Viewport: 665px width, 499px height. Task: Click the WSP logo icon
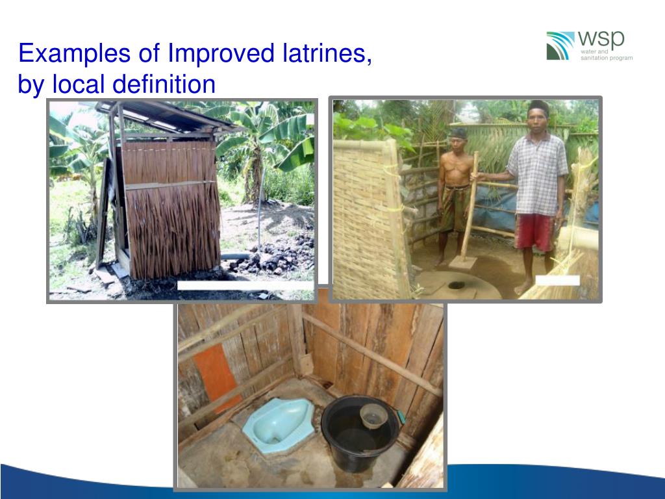coord(560,45)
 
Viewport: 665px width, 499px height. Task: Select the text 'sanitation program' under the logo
coord(607,58)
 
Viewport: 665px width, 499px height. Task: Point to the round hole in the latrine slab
coord(457,285)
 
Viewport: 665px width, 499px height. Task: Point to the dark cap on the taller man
coord(539,106)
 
